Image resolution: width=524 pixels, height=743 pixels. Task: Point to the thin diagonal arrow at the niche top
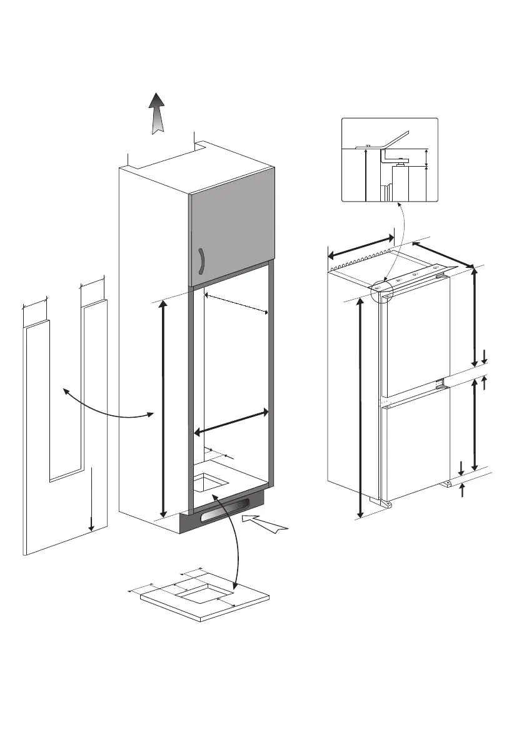tap(237, 303)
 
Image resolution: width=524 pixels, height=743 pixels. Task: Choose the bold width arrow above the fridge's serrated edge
tap(361, 245)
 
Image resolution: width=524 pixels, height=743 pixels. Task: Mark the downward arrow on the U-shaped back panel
tap(91, 499)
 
